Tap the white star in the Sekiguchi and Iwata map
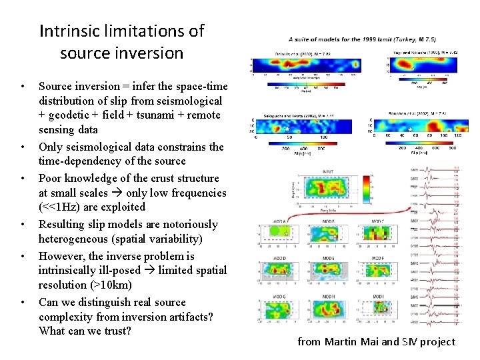tap(285, 128)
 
